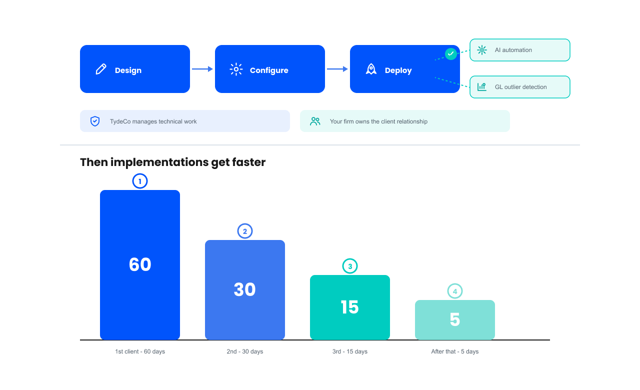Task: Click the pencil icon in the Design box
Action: point(101,69)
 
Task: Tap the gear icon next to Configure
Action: point(236,69)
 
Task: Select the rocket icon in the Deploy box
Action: point(371,69)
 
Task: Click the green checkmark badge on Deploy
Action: point(451,53)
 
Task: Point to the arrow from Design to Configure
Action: point(202,69)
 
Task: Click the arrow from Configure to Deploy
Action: point(337,69)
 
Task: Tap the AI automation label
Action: point(513,50)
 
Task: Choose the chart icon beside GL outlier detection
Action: point(482,87)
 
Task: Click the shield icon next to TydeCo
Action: point(95,121)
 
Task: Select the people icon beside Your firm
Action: point(315,121)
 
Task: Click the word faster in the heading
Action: point(249,162)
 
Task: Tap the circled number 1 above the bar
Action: point(140,181)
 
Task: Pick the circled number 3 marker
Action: point(350,266)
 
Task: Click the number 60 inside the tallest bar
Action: point(140,264)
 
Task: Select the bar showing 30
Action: point(245,290)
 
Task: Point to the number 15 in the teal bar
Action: point(349,307)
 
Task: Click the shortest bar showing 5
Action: point(455,320)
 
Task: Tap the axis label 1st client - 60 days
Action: point(140,351)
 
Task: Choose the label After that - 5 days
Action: point(455,351)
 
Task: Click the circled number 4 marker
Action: point(455,291)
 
